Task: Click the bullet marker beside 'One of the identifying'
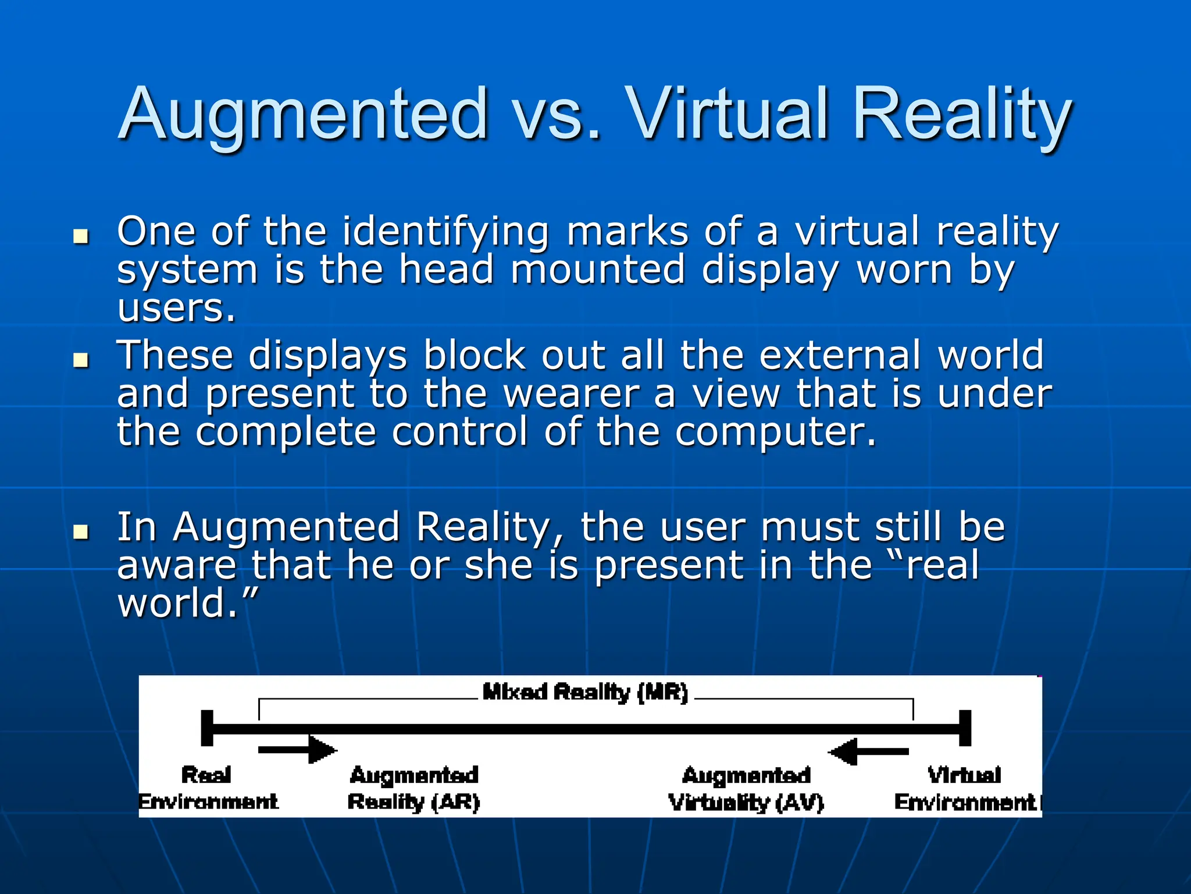coord(81,236)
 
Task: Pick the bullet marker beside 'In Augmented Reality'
coord(81,531)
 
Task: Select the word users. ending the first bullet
coord(176,308)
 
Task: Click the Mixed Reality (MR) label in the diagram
coord(585,693)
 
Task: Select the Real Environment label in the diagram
coord(208,788)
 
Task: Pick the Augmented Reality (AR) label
coord(413,788)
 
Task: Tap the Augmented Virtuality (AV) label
coord(746,788)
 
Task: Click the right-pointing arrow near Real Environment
coord(297,750)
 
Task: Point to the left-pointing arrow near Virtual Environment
coord(869,751)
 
